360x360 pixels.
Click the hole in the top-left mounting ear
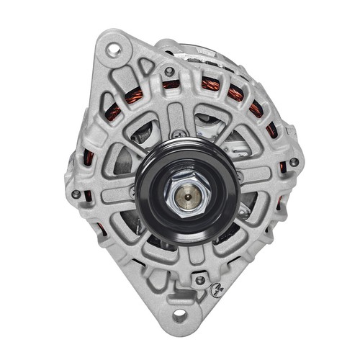coord(113,50)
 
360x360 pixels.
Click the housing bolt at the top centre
coord(169,71)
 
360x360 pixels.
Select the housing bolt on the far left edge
coord(76,194)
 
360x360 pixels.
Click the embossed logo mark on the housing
coord(214,289)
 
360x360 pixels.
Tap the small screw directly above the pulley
coord(176,133)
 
